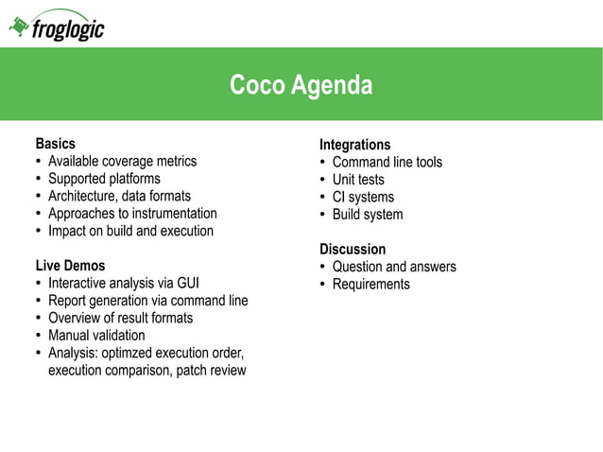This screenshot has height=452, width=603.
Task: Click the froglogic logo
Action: [x=57, y=27]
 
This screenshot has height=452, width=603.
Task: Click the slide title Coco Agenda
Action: [x=301, y=86]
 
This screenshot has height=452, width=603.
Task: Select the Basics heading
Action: [x=55, y=144]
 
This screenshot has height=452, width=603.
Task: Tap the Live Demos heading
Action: [x=70, y=266]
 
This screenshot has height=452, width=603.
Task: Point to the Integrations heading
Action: [x=354, y=145]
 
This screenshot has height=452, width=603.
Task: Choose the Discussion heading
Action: [x=352, y=250]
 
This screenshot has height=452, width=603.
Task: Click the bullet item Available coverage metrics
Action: [x=122, y=161]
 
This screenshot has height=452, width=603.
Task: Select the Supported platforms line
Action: [x=104, y=179]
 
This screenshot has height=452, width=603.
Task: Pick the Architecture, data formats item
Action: [x=119, y=196]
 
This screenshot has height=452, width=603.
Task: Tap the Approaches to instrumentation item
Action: [x=132, y=214]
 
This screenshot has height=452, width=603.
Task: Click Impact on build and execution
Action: [x=130, y=231]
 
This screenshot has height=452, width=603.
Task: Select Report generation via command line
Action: [x=147, y=301]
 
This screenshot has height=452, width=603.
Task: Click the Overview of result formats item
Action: [x=120, y=318]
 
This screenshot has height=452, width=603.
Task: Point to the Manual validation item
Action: [x=96, y=335]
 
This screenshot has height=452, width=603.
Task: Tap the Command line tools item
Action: [x=387, y=162]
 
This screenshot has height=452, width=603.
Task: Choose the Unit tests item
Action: [x=358, y=180]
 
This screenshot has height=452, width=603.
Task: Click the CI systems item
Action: [x=363, y=197]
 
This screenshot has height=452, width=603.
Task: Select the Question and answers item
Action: [x=393, y=267]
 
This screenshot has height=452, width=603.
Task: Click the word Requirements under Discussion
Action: [x=370, y=284]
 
